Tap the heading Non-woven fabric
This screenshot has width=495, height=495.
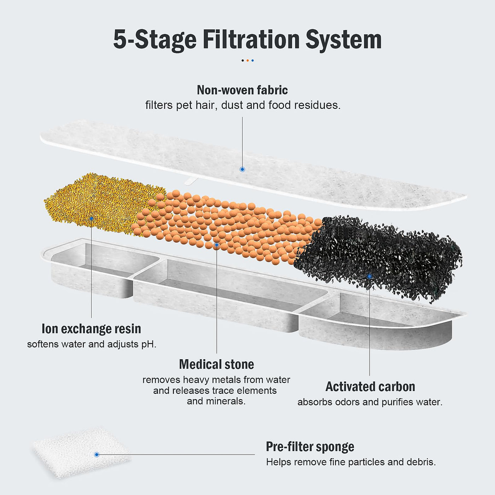(242, 90)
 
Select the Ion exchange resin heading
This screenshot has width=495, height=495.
(91, 329)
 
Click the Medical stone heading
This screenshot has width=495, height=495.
(216, 364)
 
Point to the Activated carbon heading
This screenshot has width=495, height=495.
(370, 386)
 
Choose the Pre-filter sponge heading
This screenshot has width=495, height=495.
(310, 447)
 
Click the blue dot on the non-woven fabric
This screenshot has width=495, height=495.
(242, 169)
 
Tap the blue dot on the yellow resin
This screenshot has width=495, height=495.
(91, 219)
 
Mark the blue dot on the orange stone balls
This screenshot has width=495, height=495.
(217, 244)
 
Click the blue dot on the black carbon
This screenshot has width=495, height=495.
(369, 276)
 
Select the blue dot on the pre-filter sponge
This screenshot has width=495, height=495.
(97, 455)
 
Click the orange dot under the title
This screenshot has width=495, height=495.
(248, 60)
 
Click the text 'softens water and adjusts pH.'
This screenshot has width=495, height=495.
(92, 344)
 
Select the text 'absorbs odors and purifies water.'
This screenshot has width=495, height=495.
(370, 402)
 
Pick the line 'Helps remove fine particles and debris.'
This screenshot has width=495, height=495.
(351, 462)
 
